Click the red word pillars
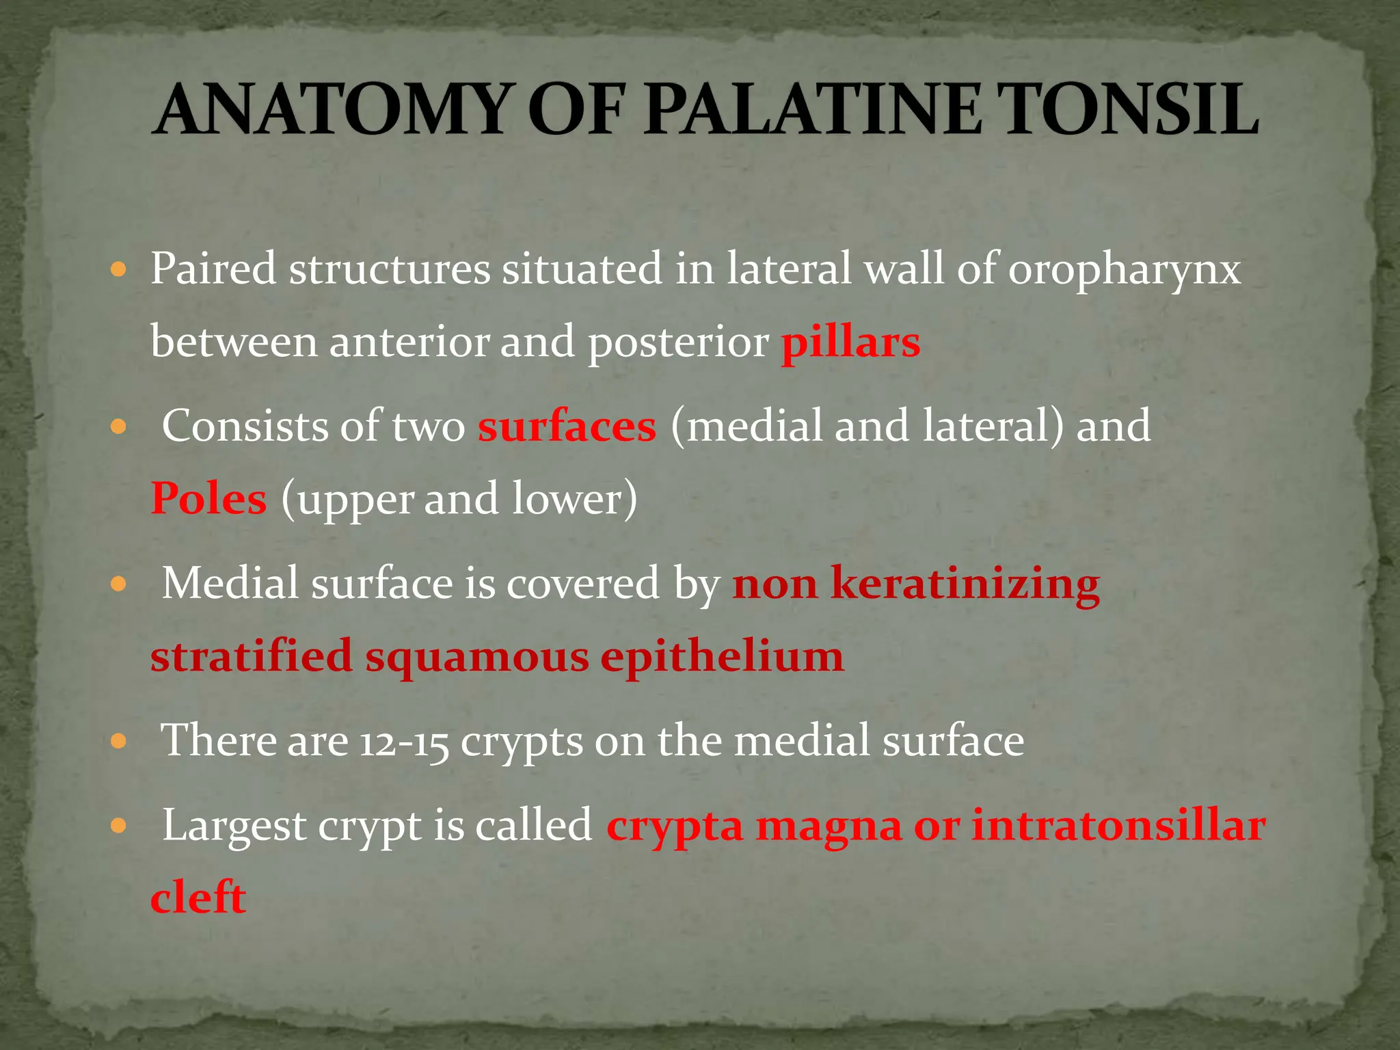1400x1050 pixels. tap(850, 342)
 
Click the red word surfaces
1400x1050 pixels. tap(567, 427)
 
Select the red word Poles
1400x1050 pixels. tap(208, 499)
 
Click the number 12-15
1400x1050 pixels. tap(404, 742)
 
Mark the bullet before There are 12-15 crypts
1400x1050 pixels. tap(119, 742)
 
